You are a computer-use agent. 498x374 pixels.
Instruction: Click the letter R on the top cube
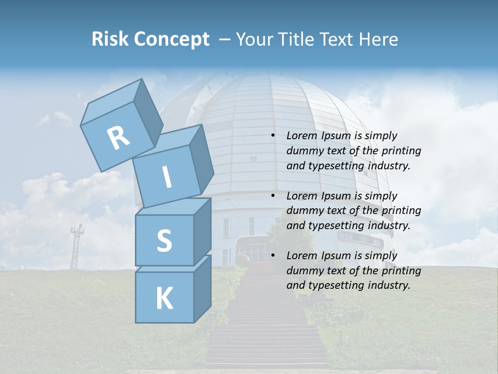coord(118,138)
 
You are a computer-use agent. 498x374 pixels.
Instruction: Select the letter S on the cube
coord(164,241)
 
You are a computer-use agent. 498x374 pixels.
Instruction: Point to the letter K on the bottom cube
coord(164,299)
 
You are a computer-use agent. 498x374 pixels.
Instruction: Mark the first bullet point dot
coord(273,136)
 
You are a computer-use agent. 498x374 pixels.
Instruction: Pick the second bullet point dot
coord(273,196)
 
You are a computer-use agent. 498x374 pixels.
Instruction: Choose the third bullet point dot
coord(273,256)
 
